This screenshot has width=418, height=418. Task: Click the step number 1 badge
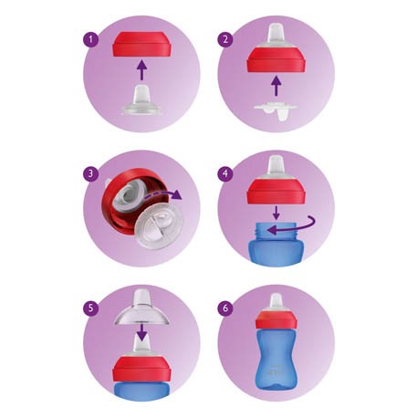[x=90, y=39]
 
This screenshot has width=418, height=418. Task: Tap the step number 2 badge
[x=225, y=39]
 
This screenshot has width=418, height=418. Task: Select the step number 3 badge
[x=90, y=174]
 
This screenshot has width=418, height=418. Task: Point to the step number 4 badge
[x=225, y=173]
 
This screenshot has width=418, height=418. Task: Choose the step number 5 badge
[x=90, y=308]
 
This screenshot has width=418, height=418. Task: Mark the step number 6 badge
[x=225, y=308]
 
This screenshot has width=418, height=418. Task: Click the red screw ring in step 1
[x=141, y=44]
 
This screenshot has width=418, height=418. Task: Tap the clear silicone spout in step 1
[x=141, y=100]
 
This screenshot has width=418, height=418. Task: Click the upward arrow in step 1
[x=141, y=70]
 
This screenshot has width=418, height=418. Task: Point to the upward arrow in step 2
[x=276, y=86]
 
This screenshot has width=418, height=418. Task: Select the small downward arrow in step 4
[x=276, y=213]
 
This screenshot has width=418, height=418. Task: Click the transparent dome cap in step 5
[x=141, y=308]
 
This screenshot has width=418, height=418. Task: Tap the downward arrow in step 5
[x=141, y=331]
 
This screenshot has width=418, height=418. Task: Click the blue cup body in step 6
[x=276, y=359]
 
